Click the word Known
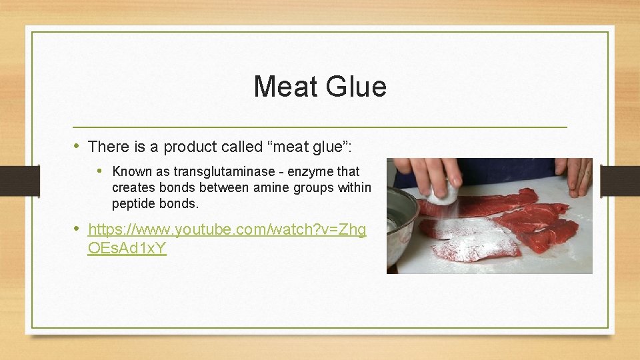(x=132, y=171)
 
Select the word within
(x=354, y=187)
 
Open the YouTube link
(x=227, y=230)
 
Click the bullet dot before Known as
(x=101, y=171)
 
